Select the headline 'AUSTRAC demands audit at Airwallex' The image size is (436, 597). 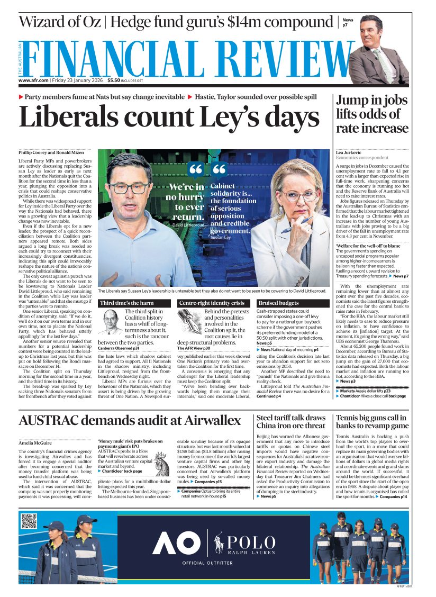130,421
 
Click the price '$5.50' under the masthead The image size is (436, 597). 114,80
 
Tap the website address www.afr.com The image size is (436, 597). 34,80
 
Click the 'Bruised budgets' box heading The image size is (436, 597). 278,303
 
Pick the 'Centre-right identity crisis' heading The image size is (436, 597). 212,303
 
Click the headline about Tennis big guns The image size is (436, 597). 372,422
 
